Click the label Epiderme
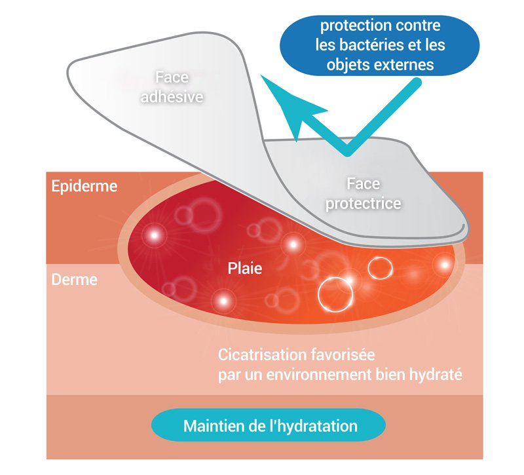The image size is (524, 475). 84,187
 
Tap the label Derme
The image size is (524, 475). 75,280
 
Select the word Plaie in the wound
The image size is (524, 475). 245,268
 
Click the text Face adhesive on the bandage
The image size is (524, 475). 172,87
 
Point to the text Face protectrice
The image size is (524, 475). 364,195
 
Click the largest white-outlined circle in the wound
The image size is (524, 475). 335,293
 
